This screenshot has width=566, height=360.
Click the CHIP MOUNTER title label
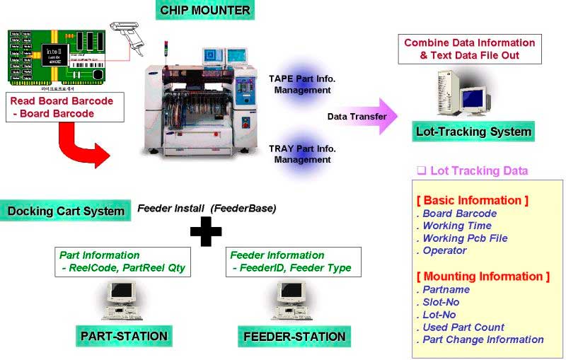point(204,11)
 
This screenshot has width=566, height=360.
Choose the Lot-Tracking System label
point(473,132)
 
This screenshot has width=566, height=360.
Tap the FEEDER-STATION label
point(294,336)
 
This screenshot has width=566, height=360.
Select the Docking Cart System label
point(66,211)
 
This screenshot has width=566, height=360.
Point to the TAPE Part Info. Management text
point(302,84)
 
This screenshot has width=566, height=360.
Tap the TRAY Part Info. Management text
point(302,154)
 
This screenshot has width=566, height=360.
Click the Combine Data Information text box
point(470,49)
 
